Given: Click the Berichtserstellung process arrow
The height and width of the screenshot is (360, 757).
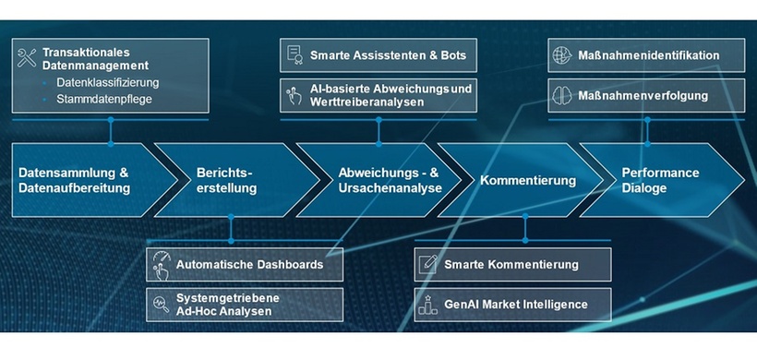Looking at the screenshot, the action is pos(226,180).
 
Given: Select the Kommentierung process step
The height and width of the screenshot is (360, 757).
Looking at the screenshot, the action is pos(527,180).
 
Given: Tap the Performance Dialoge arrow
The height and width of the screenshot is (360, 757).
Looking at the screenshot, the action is pos(661,180).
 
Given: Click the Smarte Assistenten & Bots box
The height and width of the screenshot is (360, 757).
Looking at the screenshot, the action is pos(378,55).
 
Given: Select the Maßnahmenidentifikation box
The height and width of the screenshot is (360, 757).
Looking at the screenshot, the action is pos(646,55).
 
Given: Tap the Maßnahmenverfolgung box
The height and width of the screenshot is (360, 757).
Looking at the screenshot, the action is pos(646,95).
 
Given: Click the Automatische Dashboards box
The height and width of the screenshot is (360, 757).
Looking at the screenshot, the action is pos(245,265).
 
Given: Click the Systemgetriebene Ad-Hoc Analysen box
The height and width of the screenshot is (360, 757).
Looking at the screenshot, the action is pos(245,304).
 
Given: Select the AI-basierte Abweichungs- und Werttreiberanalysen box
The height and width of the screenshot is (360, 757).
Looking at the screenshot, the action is pos(378,95).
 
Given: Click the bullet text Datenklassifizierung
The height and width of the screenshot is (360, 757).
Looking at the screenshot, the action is pos(107,82).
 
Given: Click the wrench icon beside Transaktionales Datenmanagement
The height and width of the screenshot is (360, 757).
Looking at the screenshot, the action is pos(27,59).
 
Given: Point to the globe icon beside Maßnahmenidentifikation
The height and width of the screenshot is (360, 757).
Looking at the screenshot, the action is pos(561,55).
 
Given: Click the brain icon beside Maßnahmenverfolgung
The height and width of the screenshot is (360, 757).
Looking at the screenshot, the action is pos(561,95).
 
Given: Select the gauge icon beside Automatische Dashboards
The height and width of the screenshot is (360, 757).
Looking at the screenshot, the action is pos(161,265).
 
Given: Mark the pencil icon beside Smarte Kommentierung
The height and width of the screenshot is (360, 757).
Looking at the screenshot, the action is pos(427,265).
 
